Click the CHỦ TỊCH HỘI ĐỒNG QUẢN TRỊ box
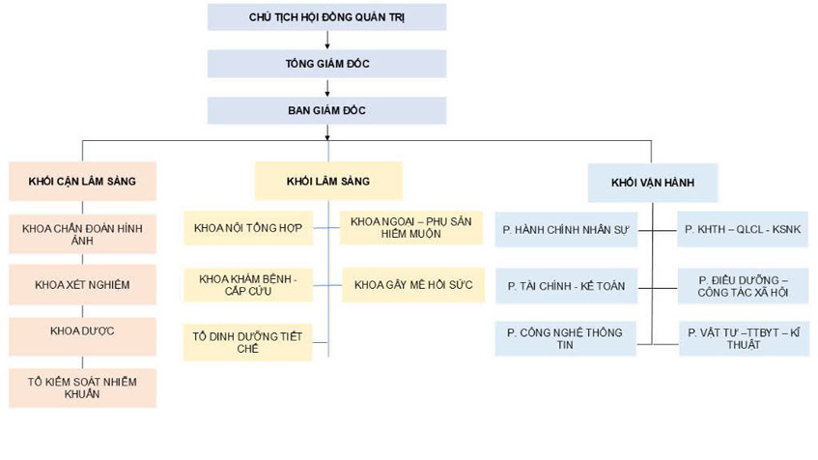[327, 17]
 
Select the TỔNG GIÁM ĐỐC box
[327, 64]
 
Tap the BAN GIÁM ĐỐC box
[327, 110]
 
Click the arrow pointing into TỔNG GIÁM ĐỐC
[327, 42]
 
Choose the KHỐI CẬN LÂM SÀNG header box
[82, 182]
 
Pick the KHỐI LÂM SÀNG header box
[327, 181]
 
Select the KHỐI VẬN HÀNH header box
[651, 182]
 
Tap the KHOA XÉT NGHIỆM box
[82, 285]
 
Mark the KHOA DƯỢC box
[82, 331]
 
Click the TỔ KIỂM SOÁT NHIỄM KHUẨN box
[82, 387]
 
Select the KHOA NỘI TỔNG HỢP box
[248, 229]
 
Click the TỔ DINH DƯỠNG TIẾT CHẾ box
[248, 341]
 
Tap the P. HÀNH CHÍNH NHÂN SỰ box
[566, 230]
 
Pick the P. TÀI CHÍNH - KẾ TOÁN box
[566, 287]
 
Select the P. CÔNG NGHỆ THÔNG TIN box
[566, 338]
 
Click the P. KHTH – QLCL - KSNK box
[743, 230]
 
